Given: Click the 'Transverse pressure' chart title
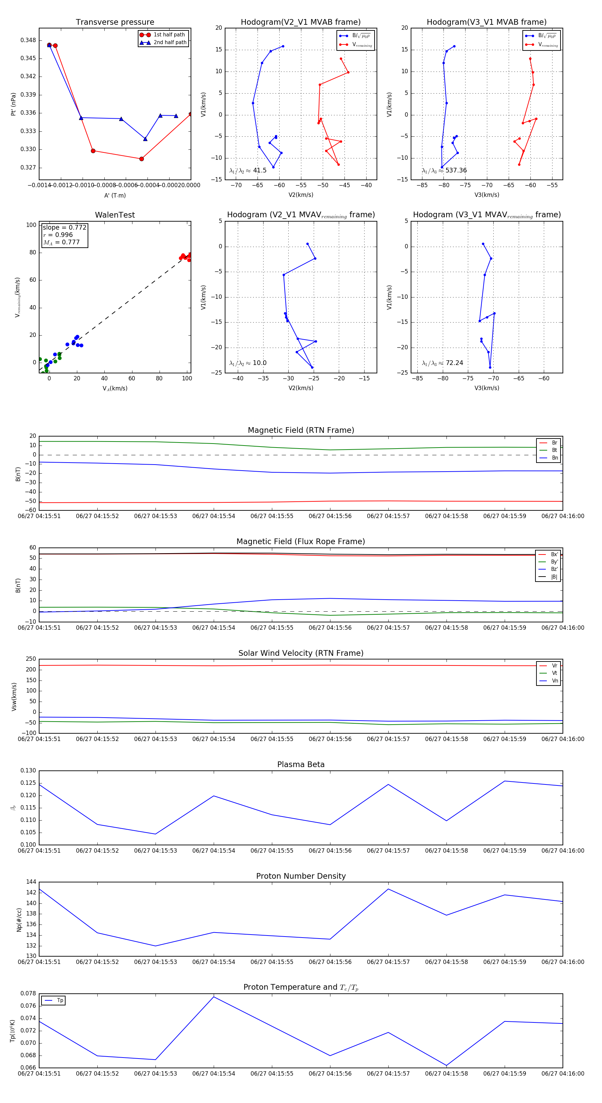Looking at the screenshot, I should pyautogui.click(x=115, y=22).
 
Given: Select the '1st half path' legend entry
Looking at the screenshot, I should pyautogui.click(x=169, y=35).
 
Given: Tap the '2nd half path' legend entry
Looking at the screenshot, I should pyautogui.click(x=170, y=42).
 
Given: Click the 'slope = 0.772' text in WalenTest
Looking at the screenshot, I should pyautogui.click(x=64, y=227).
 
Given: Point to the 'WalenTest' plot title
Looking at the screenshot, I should pyautogui.click(x=115, y=215).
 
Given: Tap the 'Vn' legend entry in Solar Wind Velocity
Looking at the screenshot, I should pyautogui.click(x=555, y=681).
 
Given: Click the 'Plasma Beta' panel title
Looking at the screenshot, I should pyautogui.click(x=301, y=764).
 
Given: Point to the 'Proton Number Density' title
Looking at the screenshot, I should pyautogui.click(x=301, y=876).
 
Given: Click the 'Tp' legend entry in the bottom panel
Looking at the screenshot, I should pyautogui.click(x=60, y=1001).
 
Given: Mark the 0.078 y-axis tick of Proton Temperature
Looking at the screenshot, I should pyautogui.click(x=28, y=993).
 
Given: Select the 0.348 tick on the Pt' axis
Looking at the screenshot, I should pyautogui.click(x=28, y=40).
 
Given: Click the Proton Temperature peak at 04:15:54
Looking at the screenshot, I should pyautogui.click(x=214, y=997).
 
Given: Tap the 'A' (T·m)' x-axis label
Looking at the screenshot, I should pyautogui.click(x=115, y=195).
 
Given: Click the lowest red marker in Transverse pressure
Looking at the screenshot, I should pyautogui.click(x=141, y=159).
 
